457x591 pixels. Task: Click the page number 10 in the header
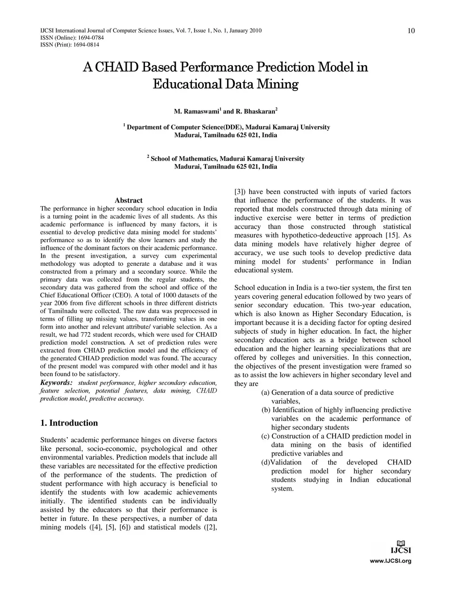(411, 30)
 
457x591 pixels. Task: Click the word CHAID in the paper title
(117, 67)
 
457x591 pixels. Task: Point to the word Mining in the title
(277, 84)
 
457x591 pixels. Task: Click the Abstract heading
(129, 200)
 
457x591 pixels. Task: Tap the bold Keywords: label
(56, 383)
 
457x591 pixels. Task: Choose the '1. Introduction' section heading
(69, 423)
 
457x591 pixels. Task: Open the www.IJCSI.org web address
(391, 561)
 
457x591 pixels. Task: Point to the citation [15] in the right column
(391, 235)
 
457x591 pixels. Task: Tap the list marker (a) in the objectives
(265, 393)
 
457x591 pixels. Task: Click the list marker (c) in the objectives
(265, 436)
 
